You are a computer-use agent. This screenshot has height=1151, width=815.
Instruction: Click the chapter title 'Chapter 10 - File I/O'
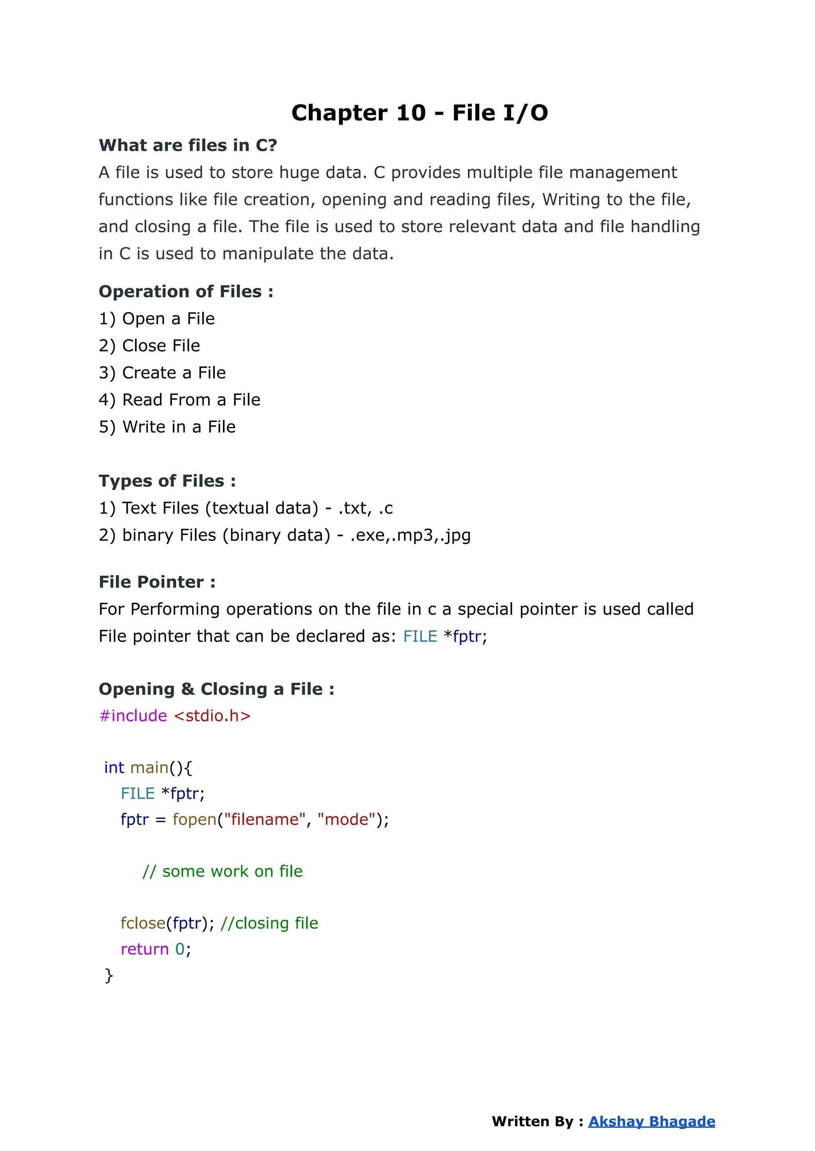(419, 113)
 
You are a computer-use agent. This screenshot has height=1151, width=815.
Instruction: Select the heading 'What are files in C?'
(188, 146)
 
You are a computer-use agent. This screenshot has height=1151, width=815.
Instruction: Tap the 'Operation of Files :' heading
(186, 292)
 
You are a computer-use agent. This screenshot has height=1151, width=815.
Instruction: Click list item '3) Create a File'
(162, 373)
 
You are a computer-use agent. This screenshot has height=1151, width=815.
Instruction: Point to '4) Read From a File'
(179, 400)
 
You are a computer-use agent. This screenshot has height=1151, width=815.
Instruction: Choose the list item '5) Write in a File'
(167, 427)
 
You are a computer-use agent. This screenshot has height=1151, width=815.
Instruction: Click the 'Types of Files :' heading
(167, 481)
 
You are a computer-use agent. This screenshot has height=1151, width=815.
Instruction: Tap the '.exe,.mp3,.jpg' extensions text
(410, 536)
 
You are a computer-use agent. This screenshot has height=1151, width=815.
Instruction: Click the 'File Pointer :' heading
(157, 582)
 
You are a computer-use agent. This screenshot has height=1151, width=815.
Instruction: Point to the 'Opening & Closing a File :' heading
(216, 689)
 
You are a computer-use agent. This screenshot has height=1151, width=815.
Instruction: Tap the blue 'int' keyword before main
(114, 768)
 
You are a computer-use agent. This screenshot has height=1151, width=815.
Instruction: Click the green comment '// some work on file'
(222, 872)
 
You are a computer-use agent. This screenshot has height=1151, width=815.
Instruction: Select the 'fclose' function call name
(143, 923)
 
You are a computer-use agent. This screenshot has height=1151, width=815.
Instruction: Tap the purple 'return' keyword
(144, 949)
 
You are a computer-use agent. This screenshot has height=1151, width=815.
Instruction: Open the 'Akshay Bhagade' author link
(651, 1122)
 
